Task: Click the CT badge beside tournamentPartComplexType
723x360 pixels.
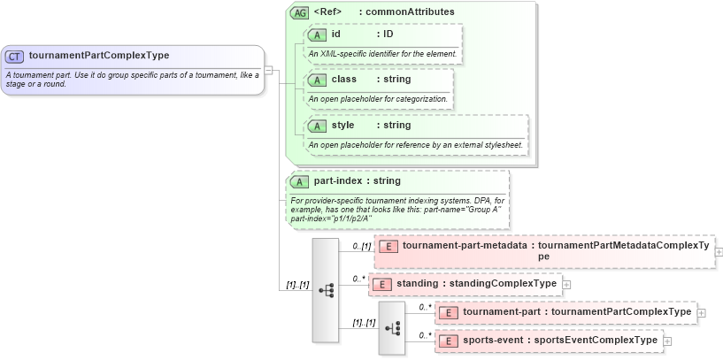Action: pos(14,56)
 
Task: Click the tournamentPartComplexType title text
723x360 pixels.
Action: pos(98,56)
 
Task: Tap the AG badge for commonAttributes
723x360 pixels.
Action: pos(300,13)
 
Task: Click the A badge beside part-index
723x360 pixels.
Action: pos(300,181)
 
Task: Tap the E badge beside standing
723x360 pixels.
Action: pos(381,284)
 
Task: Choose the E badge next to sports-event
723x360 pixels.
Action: pos(449,340)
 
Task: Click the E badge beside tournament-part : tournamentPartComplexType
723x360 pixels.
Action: pos(449,312)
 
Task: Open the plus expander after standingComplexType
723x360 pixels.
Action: pos(566,284)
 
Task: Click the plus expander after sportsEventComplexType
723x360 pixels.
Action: pos(667,341)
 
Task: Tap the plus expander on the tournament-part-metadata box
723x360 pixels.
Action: pos(719,251)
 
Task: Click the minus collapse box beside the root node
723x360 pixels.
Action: pos(268,70)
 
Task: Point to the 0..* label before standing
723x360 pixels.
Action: pos(358,279)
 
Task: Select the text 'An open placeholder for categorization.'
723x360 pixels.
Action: pos(377,98)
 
